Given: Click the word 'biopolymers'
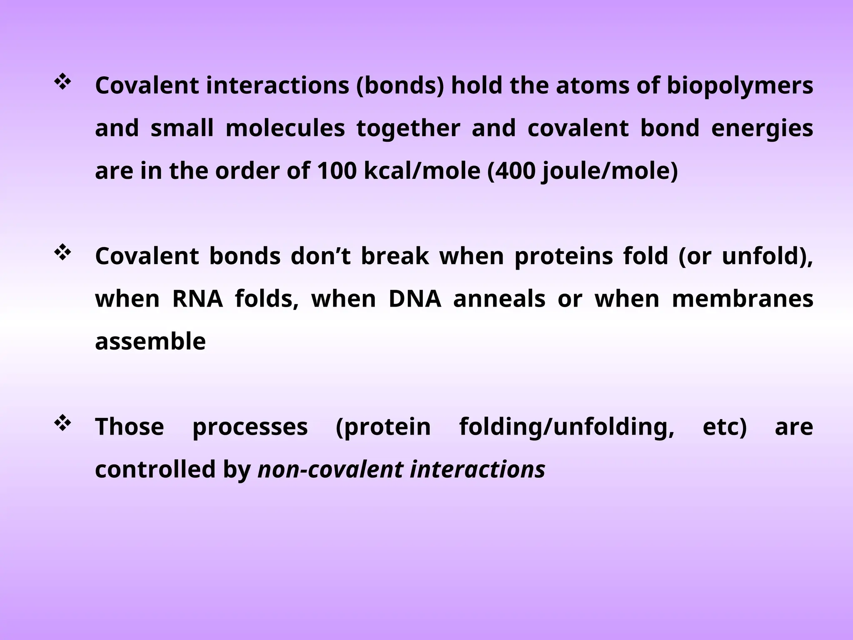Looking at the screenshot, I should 740,87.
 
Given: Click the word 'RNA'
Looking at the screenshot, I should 197,299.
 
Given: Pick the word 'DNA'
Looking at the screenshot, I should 414,299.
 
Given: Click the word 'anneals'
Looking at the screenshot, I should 499,299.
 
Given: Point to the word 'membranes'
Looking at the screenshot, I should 742,299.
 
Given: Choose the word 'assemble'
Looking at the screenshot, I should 150,342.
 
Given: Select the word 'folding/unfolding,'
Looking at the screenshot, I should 566,427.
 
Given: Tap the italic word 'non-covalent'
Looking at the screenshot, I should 331,470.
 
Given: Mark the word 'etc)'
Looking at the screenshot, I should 725,427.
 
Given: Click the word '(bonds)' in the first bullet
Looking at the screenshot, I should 400,87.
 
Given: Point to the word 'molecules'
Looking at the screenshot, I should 285,128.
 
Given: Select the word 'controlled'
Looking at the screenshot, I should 155,470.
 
